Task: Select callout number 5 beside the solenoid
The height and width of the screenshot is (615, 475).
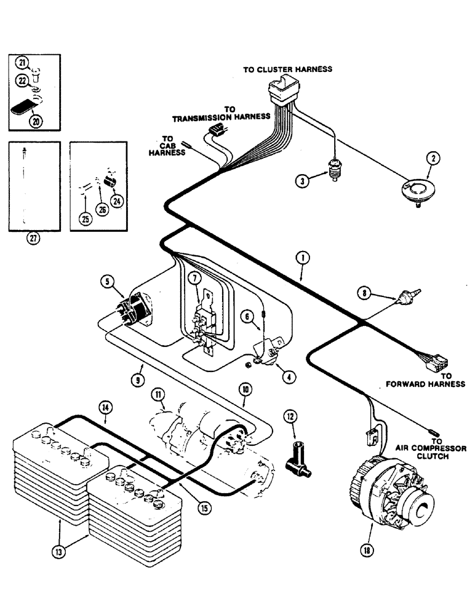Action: (x=108, y=283)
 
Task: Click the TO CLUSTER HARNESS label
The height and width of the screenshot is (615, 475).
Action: (x=287, y=69)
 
